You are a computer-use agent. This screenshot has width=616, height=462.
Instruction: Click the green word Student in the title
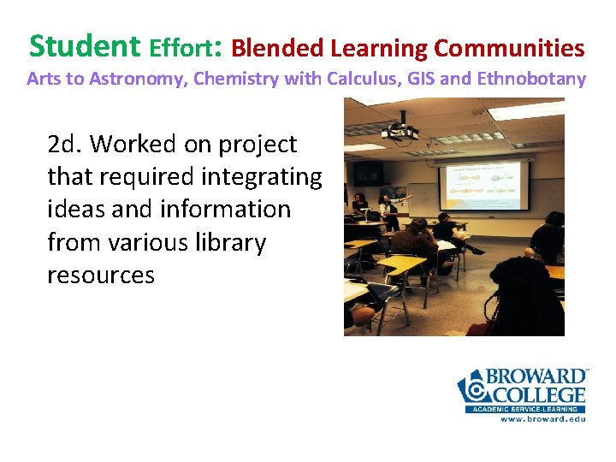click(x=84, y=44)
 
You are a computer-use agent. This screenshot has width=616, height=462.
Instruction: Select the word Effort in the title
click(x=184, y=46)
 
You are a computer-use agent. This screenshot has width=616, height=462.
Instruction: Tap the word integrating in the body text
click(x=253, y=177)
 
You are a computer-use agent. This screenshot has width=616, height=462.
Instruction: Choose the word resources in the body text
click(x=101, y=275)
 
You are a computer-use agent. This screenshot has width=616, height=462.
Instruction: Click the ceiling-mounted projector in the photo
click(x=399, y=132)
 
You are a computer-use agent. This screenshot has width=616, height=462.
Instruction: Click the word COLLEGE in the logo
click(x=536, y=395)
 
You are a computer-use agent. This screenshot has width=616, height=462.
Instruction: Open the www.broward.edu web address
click(x=542, y=419)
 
